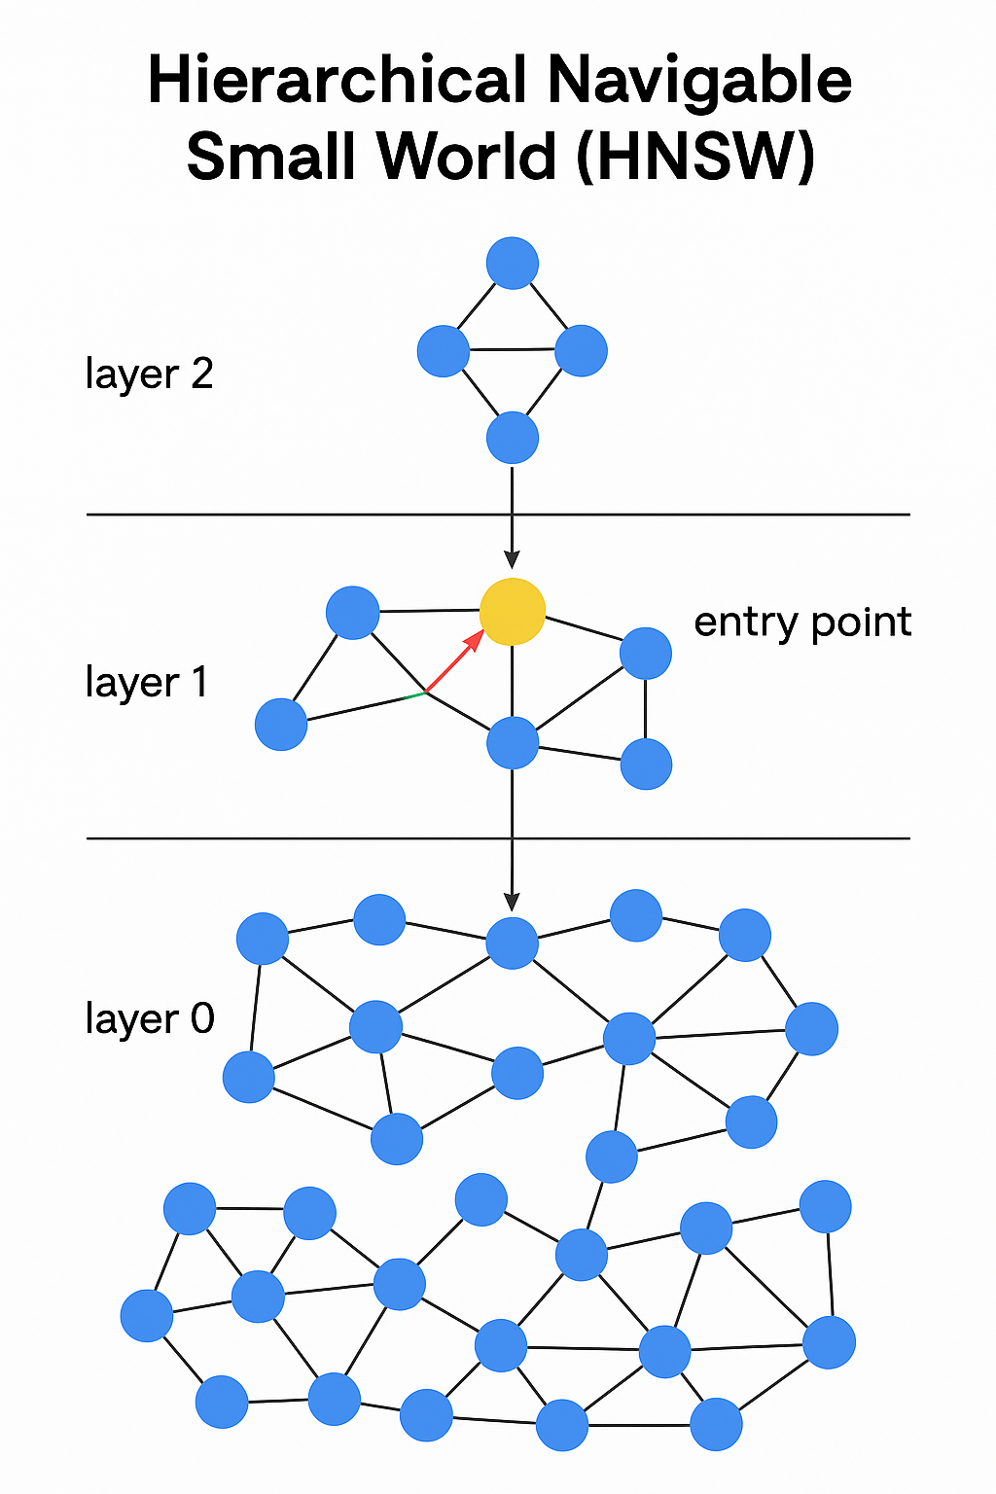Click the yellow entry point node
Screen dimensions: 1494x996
coord(513,612)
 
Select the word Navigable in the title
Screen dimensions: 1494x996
coord(699,82)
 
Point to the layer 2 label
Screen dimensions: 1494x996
coord(149,374)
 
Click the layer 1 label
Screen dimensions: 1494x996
coord(147,683)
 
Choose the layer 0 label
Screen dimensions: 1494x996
coord(149,1018)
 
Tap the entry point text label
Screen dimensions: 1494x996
coord(802,622)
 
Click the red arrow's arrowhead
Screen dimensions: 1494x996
coord(476,638)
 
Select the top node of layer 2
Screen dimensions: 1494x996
coord(513,263)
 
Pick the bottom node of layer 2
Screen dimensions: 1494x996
coord(513,438)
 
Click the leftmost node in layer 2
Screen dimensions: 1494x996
coord(444,351)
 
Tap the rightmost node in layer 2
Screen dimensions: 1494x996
coord(582,351)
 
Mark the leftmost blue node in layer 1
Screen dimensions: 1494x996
coord(281,725)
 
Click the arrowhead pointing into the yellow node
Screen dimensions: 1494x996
coord(513,560)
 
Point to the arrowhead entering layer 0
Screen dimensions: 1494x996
coord(513,902)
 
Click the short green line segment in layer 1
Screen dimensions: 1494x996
coord(413,695)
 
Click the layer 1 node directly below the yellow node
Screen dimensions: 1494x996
coord(513,743)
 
